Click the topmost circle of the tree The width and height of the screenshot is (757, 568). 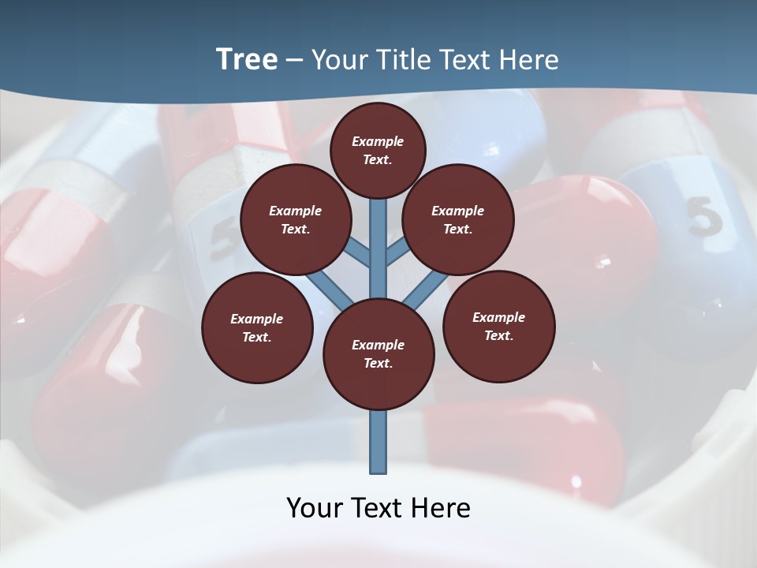point(378,150)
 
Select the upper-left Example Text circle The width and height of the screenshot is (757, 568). point(295,219)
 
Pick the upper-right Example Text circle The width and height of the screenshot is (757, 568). point(457,219)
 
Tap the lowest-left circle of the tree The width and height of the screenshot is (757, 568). point(257,327)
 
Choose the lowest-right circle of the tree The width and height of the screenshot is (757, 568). point(498,326)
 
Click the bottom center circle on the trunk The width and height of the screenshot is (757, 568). point(378,354)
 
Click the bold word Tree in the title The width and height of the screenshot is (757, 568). point(247,59)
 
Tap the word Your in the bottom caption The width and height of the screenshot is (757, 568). point(315,508)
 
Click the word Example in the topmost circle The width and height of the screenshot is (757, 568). point(378,141)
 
